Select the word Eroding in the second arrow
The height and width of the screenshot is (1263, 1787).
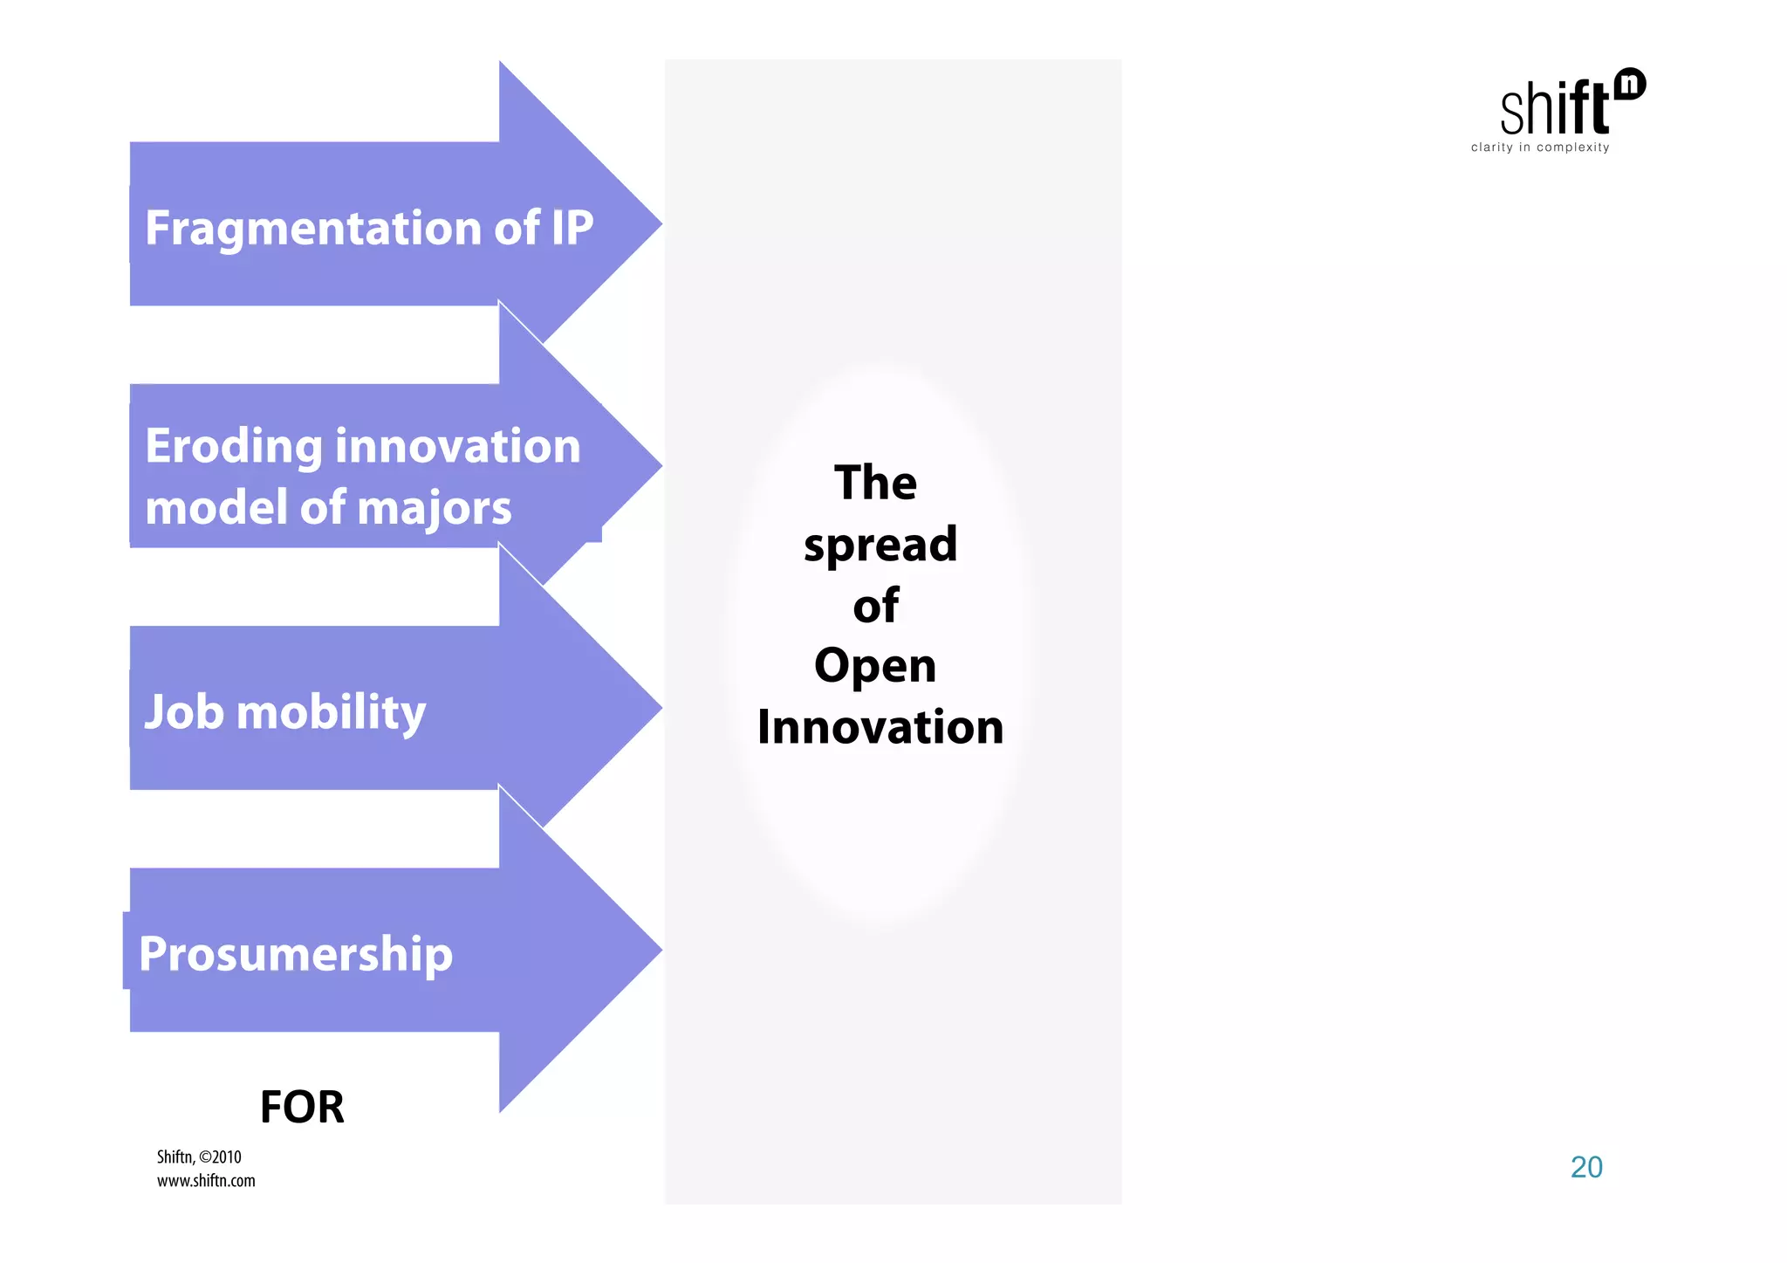click(233, 447)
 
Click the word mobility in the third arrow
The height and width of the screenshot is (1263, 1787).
click(331, 712)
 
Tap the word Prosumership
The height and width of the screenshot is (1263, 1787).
click(296, 954)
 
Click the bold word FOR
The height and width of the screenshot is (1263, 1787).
click(302, 1107)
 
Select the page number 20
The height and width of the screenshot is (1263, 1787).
click(1586, 1167)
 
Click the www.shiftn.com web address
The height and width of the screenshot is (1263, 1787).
click(206, 1181)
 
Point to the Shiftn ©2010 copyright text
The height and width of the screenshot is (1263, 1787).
click(199, 1157)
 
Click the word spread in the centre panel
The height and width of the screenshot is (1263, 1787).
click(880, 545)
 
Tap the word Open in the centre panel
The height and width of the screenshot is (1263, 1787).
click(875, 665)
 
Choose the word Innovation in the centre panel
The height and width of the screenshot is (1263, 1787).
click(880, 727)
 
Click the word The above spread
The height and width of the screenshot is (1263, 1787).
click(875, 483)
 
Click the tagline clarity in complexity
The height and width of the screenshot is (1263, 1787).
click(1540, 148)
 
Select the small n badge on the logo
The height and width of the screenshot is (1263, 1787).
click(1629, 85)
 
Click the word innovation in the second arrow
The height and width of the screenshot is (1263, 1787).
click(458, 447)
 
